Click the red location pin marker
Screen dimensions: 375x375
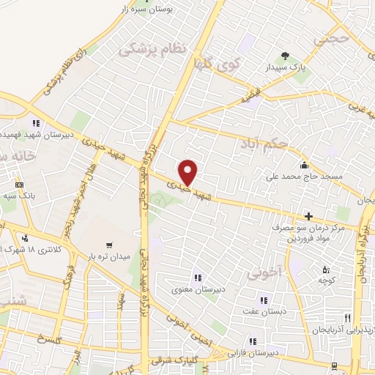[x=188, y=172]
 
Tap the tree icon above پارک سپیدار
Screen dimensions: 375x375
[x=285, y=56]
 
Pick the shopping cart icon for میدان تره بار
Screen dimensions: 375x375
[x=109, y=245]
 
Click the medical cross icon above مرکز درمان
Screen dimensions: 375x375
[x=308, y=216]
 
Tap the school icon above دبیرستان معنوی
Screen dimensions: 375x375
[x=196, y=277]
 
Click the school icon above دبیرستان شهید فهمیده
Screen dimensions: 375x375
[x=34, y=123]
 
